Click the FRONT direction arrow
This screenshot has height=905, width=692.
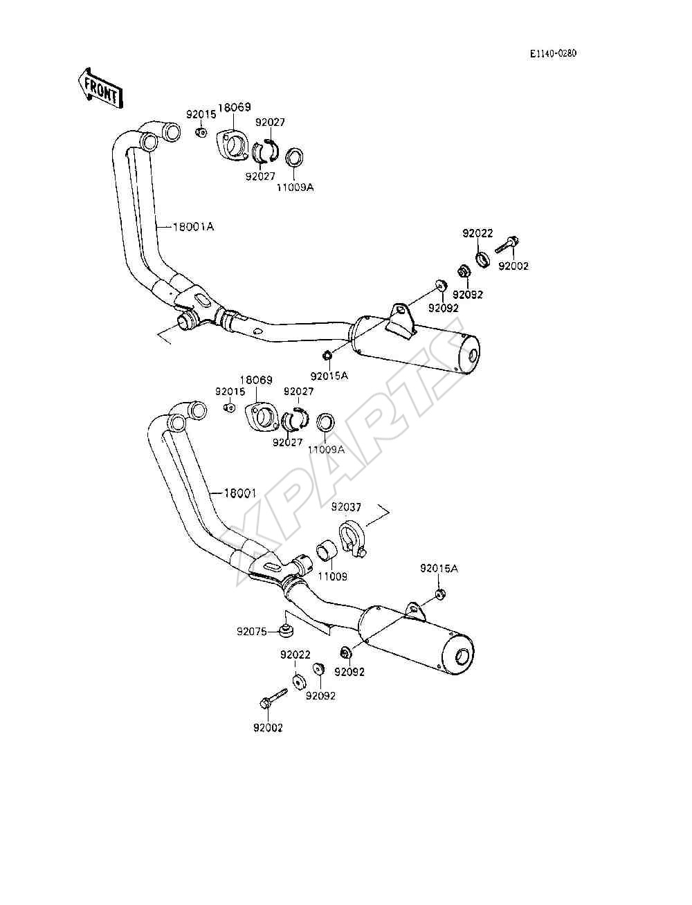[x=100, y=89]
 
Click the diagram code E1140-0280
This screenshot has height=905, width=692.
[x=553, y=53]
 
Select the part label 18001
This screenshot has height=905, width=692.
[x=239, y=493]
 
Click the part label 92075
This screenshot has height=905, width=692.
[x=252, y=643]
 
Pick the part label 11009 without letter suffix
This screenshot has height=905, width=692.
[x=332, y=576]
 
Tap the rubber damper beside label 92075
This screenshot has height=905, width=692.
[x=284, y=641]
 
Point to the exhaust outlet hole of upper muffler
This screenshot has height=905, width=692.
[x=474, y=355]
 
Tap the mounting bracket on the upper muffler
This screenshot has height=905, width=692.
[x=399, y=321]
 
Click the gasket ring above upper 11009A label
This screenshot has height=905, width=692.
[x=295, y=157]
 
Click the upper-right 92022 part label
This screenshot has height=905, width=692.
[x=477, y=233]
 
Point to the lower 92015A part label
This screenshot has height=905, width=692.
[x=439, y=568]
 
